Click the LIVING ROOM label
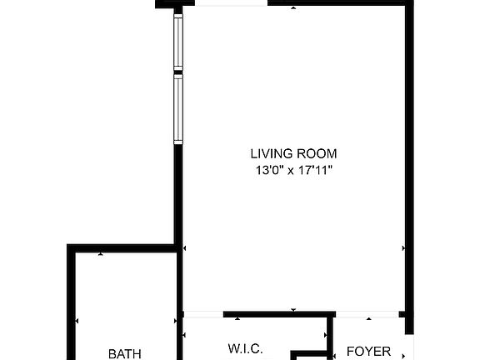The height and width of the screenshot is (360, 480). click(x=293, y=153)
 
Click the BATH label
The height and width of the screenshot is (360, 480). click(x=125, y=353)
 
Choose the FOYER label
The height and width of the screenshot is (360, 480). click(x=368, y=352)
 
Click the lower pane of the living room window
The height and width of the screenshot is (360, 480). click(x=177, y=109)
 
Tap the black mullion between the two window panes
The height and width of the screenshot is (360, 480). click(x=177, y=74)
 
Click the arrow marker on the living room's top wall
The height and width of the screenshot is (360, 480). click(x=293, y=8)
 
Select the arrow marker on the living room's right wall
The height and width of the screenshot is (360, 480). click(x=404, y=247)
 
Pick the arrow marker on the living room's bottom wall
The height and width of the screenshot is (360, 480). click(x=293, y=311)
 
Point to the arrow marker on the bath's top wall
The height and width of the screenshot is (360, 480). click(x=101, y=253)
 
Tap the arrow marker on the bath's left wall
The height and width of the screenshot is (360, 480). click(x=77, y=320)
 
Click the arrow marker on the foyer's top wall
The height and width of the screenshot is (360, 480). click(x=368, y=318)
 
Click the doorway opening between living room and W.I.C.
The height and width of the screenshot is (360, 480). click(x=202, y=314)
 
